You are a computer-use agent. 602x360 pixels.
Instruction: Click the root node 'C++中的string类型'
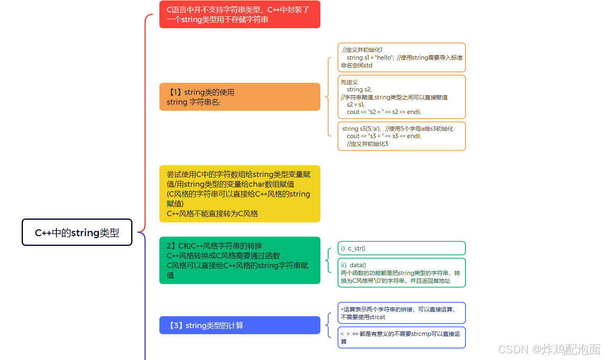77,233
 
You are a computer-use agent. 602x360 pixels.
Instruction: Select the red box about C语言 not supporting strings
239,15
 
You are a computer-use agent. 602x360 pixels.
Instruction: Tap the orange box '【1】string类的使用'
239,97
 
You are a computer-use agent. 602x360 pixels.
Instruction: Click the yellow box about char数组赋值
239,194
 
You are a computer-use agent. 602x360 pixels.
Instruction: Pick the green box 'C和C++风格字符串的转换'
239,260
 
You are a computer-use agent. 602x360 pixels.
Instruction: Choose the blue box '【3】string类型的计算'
239,325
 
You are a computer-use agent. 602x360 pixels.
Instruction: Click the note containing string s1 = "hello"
401,58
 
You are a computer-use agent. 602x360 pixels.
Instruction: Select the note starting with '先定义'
401,97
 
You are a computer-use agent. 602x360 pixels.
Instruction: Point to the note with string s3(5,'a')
401,136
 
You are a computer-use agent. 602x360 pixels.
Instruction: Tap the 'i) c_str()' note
401,248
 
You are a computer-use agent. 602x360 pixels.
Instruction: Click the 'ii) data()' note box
401,273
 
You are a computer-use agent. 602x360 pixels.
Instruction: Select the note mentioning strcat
401,313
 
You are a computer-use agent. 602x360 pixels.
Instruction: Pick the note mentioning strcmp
401,338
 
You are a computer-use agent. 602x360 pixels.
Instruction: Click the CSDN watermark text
549,349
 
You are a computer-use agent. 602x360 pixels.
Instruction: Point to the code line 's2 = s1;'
356,105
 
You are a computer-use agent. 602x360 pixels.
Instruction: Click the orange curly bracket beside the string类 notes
328,97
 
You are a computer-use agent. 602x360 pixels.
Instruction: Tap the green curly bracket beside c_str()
328,260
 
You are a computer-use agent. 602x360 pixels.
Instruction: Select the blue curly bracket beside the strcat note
328,325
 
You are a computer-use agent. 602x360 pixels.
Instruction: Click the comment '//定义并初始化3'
367,144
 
